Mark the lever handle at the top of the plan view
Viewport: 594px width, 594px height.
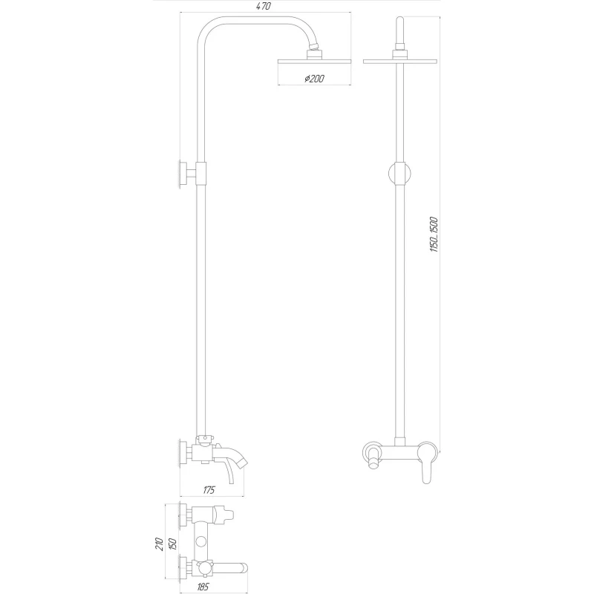click(223, 513)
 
